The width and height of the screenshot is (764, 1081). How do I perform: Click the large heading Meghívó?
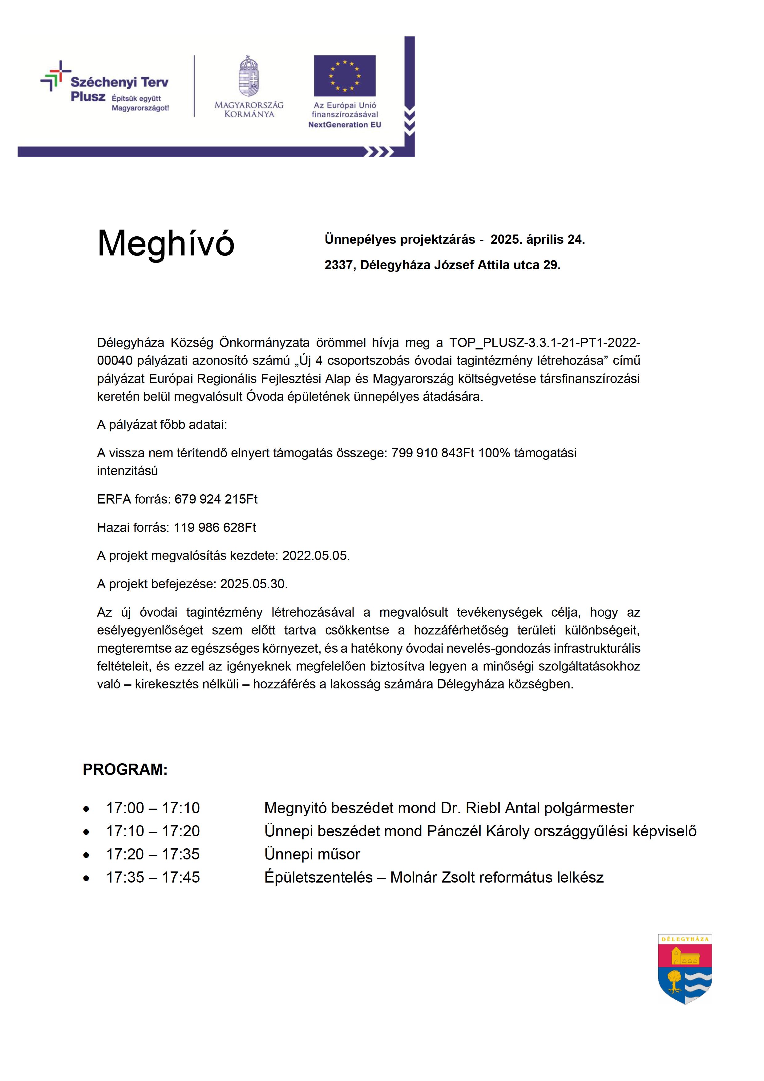click(166, 244)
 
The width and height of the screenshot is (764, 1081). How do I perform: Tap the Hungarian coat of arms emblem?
click(249, 76)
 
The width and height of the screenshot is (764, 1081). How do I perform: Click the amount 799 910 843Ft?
click(432, 453)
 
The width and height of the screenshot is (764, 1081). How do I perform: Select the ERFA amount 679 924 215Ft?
click(216, 499)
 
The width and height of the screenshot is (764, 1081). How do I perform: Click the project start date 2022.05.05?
click(316, 556)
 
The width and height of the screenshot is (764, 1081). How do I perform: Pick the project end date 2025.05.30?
click(253, 584)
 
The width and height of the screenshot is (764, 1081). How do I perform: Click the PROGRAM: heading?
click(125, 769)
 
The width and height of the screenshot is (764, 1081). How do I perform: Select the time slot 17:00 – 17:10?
click(153, 808)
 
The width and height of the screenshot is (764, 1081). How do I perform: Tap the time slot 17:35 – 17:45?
click(153, 877)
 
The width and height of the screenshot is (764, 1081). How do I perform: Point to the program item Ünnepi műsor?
click(312, 854)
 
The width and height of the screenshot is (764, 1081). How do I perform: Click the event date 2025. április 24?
click(537, 240)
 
